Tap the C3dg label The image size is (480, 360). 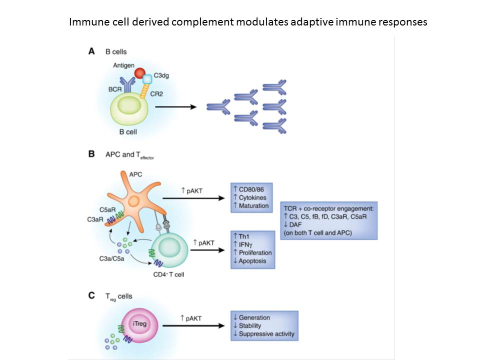point(160,75)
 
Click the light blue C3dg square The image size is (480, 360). point(147,79)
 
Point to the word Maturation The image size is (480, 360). point(253,205)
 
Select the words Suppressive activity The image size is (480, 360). point(266,333)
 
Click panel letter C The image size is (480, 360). point(91,295)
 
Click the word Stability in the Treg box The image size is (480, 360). point(254,325)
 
